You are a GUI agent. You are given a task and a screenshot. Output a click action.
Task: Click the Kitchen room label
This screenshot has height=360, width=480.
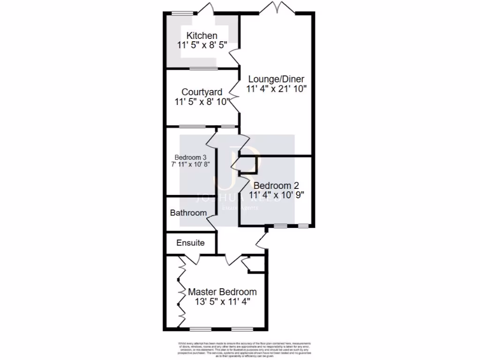(x=202, y=36)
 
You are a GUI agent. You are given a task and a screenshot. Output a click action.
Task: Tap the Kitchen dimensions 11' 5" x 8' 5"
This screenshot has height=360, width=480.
(x=202, y=45)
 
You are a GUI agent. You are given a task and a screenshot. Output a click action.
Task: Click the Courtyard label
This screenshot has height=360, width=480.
(x=202, y=92)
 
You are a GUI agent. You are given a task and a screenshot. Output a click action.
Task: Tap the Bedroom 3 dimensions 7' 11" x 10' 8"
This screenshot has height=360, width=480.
(x=190, y=165)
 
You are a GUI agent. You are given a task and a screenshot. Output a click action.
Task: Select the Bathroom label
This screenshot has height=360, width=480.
(x=188, y=213)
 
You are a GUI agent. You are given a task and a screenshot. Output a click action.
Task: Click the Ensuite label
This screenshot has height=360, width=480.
(x=190, y=243)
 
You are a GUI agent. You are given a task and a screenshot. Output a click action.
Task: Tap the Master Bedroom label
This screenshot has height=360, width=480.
(x=222, y=292)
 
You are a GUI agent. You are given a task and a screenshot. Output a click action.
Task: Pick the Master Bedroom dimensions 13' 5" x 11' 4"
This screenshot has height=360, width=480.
(x=222, y=302)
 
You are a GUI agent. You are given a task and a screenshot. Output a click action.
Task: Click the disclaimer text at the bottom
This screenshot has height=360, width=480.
(x=240, y=349)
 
